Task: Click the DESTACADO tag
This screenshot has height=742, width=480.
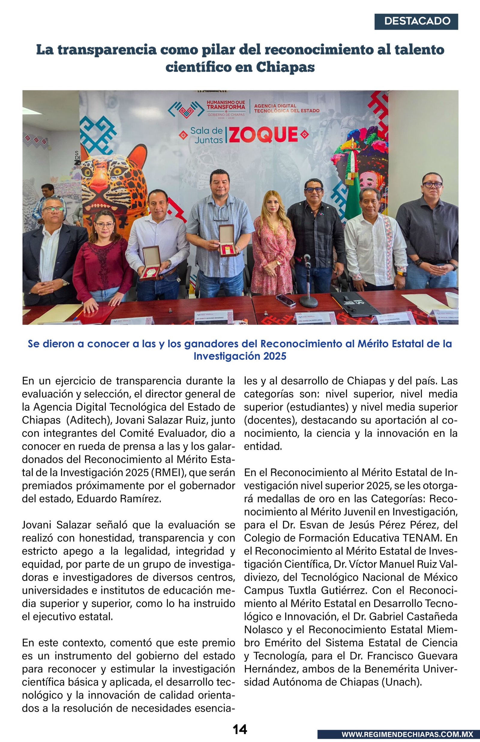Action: [416, 22]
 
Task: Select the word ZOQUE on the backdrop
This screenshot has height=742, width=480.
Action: [264, 135]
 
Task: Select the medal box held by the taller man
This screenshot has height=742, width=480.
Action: [226, 240]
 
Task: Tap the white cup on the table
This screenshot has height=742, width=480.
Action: [451, 300]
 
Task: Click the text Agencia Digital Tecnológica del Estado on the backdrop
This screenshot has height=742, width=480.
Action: [287, 108]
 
